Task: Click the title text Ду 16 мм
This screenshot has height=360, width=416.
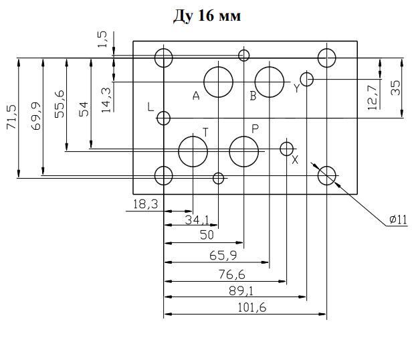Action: [x=207, y=16]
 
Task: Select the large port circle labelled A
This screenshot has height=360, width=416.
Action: [x=204, y=82]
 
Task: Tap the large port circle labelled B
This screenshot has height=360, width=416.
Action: [x=255, y=82]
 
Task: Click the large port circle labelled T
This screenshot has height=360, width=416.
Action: [x=179, y=152]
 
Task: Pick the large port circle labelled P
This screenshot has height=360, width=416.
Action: [x=229, y=152]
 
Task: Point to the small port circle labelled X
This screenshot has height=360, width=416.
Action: [x=280, y=149]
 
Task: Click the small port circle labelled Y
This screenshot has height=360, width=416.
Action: [x=300, y=79]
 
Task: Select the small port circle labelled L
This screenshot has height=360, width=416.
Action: [x=157, y=118]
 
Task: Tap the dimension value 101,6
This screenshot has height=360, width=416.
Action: [x=251, y=307]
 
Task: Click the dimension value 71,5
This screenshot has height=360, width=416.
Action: [x=11, y=117]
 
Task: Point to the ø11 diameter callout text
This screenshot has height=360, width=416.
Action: [x=398, y=219]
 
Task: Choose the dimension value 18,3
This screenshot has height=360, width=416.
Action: [x=145, y=204]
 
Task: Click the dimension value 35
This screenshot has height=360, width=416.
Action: [x=395, y=88]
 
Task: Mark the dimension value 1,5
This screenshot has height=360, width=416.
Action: [x=102, y=39]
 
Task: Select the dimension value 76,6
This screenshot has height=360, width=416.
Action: [x=232, y=274]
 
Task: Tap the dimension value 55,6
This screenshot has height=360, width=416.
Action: [x=60, y=104]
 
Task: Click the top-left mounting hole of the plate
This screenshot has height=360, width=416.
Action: [x=155, y=58]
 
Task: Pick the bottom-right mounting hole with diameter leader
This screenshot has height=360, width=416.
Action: [x=318, y=175]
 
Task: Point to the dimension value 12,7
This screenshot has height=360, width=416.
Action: [x=373, y=98]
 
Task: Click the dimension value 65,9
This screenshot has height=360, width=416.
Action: [x=223, y=256]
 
